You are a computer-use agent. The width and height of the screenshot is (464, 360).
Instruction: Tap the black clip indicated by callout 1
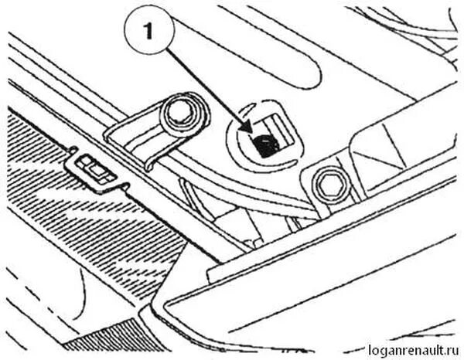(265, 144)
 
